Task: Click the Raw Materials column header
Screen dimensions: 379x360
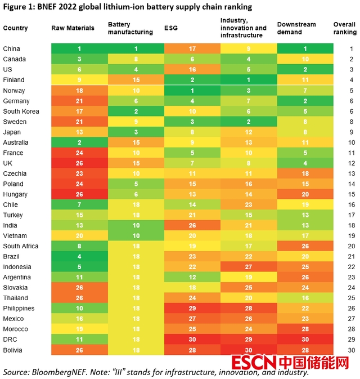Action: [x=70, y=28]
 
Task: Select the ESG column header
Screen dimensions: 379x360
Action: [x=171, y=28]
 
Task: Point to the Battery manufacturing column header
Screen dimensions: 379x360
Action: [x=130, y=28]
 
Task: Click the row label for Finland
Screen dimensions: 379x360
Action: [x=13, y=80]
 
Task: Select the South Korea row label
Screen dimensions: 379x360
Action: [x=21, y=111]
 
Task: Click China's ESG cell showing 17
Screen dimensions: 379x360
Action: [x=192, y=49]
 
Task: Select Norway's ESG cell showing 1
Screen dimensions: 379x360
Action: [x=192, y=91]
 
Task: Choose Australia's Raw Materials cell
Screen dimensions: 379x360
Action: [x=79, y=142]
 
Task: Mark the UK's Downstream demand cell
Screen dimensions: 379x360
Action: [x=304, y=163]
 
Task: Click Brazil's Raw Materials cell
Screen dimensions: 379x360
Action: [x=79, y=257]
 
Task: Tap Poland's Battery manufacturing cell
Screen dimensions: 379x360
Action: [x=136, y=184]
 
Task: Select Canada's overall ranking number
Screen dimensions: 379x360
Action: [x=350, y=59]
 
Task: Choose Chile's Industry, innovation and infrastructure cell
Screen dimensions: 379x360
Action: [x=248, y=205]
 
